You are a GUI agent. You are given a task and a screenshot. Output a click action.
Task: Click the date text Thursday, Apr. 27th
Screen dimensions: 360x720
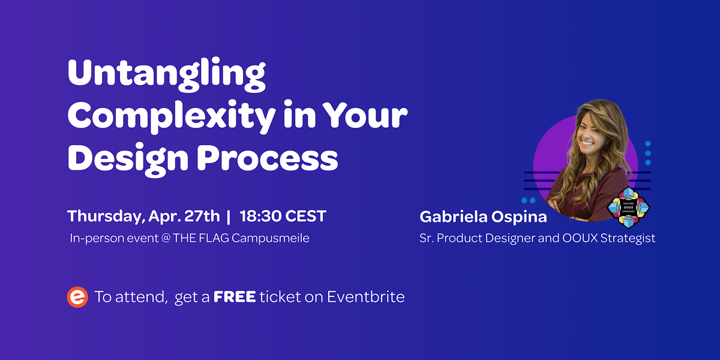click(x=143, y=216)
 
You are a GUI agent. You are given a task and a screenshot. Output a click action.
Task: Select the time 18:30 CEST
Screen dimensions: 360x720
click(x=283, y=216)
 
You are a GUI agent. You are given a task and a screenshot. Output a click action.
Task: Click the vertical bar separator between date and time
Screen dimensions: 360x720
click(x=228, y=216)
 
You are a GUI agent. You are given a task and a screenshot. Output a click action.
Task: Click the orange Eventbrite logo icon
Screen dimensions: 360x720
click(x=77, y=297)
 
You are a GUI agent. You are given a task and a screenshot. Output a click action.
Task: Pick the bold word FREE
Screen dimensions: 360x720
click(x=235, y=297)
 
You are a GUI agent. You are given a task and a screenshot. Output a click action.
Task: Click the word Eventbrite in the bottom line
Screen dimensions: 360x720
click(x=365, y=297)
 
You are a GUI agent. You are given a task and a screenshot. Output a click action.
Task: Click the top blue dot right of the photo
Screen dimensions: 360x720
click(x=648, y=144)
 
